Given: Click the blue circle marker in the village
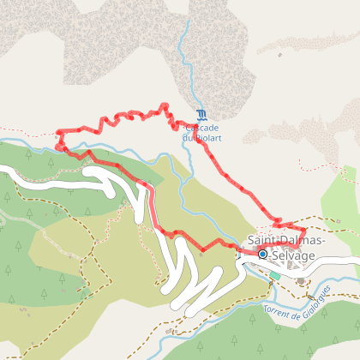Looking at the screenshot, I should (x=261, y=254).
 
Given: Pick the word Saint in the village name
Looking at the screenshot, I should (x=262, y=240).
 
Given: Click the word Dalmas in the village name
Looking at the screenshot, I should (x=302, y=240).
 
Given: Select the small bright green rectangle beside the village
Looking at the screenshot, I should (x=274, y=276).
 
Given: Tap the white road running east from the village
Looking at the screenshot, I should (x=339, y=262).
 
